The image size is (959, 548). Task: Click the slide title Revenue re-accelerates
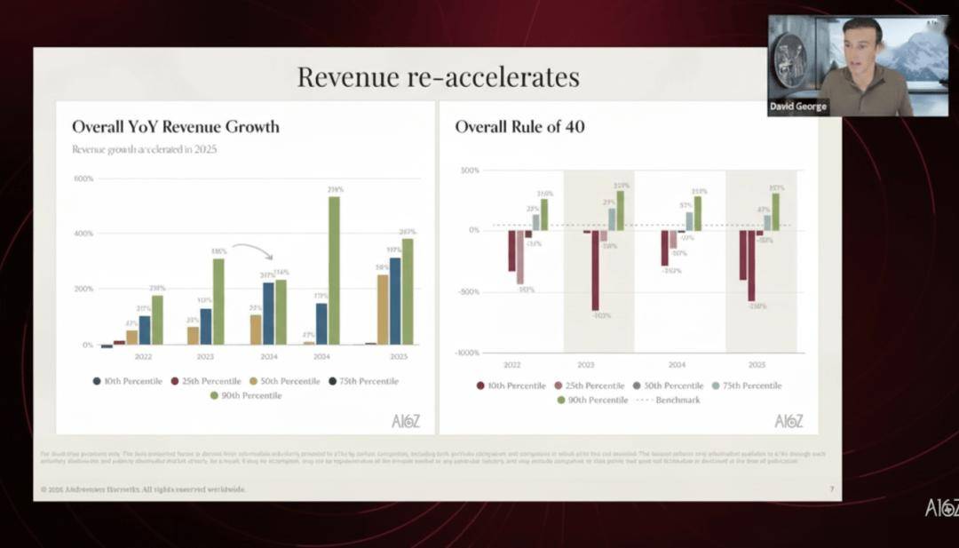click(x=438, y=76)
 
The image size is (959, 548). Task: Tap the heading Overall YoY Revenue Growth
click(x=176, y=127)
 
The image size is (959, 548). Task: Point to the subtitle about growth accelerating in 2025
click(x=144, y=149)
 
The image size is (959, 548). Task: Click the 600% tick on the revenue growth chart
click(x=83, y=179)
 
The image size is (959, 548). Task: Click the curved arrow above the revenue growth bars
click(x=252, y=250)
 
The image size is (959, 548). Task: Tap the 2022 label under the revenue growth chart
click(x=144, y=356)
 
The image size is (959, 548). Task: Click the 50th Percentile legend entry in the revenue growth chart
click(x=281, y=381)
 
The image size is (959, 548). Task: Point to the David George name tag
click(x=797, y=107)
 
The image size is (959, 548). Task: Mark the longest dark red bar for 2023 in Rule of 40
click(x=595, y=270)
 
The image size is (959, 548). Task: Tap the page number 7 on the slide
click(x=831, y=489)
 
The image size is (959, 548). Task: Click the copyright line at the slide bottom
click(x=142, y=489)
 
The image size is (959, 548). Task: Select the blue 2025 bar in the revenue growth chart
click(x=394, y=300)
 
